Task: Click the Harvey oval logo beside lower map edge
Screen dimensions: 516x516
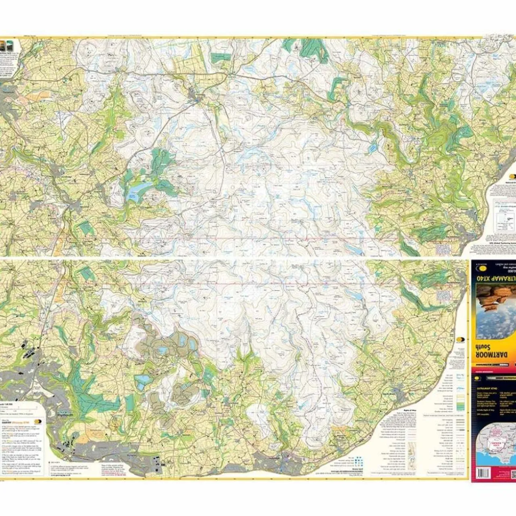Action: (460, 340)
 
